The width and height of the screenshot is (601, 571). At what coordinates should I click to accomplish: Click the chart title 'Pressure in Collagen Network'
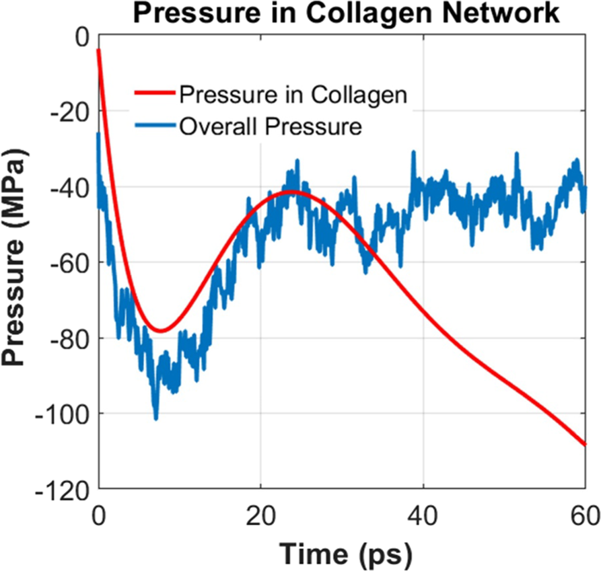345,13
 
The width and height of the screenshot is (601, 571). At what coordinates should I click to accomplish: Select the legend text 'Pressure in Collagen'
293,95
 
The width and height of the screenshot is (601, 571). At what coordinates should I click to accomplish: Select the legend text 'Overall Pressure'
271,126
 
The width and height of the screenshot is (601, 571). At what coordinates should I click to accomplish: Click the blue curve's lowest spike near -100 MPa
156,418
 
